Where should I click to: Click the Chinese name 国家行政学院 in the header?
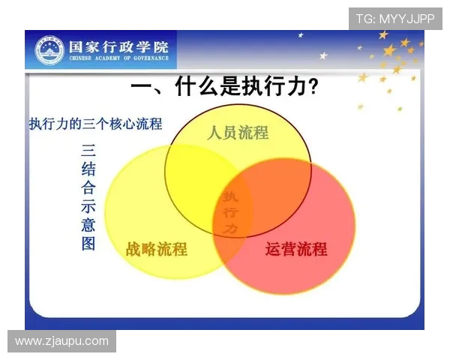[x=118, y=44]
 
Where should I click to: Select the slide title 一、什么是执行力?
[x=223, y=88]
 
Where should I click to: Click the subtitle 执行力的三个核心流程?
[x=95, y=123]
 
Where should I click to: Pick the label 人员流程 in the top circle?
[x=238, y=133]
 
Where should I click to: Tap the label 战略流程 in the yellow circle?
[x=157, y=250]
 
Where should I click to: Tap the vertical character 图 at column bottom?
[x=88, y=243]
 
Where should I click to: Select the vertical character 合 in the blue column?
[x=88, y=187]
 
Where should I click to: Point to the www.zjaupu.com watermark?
[x=61, y=341]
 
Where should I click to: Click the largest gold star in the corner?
[x=389, y=51]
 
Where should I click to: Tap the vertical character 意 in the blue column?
[x=88, y=224]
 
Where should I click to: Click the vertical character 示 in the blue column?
[x=88, y=205]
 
